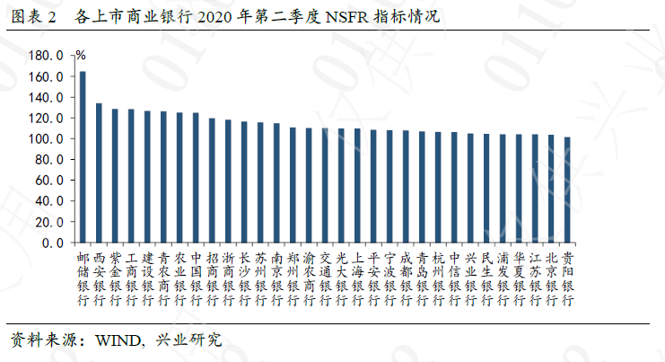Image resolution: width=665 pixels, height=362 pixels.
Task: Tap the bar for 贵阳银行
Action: coord(567,190)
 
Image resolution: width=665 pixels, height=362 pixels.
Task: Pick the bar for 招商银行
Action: coord(212,181)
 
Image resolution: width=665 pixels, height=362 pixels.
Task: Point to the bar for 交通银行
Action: coord(325,185)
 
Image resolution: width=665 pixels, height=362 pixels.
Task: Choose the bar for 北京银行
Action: coord(551,189)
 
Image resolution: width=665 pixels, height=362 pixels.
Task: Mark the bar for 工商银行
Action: coord(131,176)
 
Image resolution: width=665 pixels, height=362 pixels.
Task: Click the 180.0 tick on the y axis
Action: coord(46,56)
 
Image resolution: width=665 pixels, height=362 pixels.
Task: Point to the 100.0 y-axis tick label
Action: coord(46,139)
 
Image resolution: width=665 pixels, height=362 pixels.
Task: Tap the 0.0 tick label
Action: coord(53,243)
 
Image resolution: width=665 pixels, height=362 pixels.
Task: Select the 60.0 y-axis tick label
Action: coord(49,181)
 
